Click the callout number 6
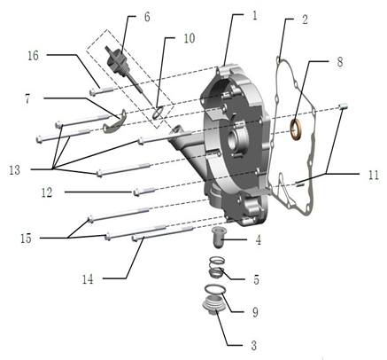147,17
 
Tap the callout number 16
34,55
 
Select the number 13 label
14,170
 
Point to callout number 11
374,175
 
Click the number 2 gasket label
305,20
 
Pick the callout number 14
88,279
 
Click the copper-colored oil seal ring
296,129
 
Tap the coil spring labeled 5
218,268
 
